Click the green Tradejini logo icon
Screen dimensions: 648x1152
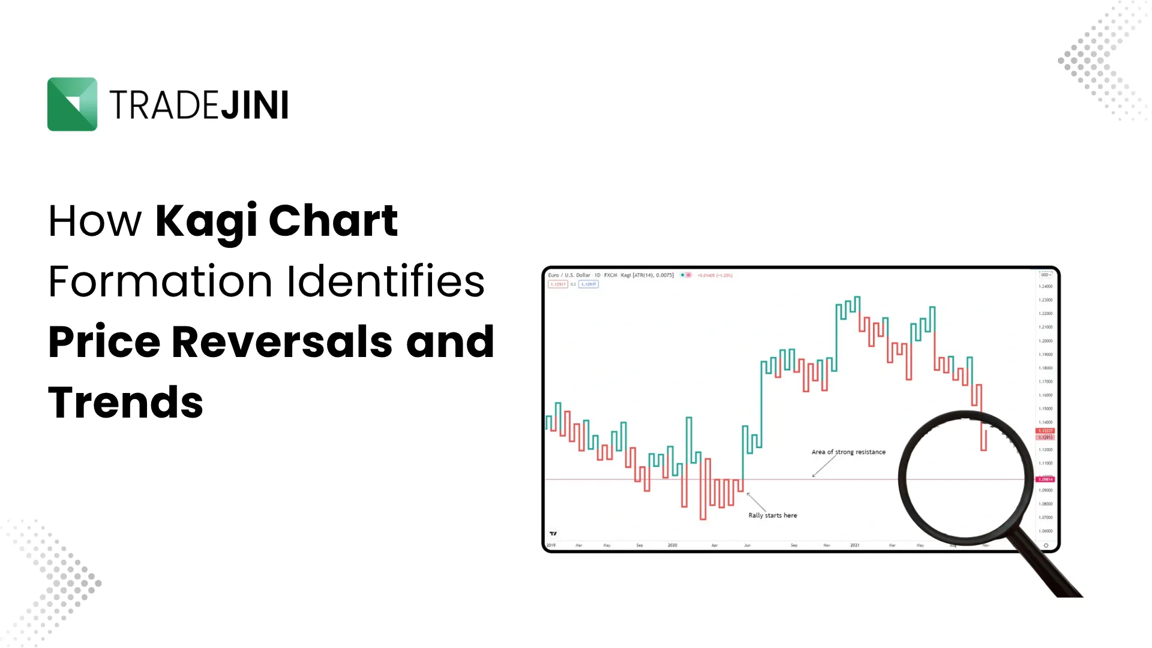coord(72,104)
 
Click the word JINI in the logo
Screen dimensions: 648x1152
coord(254,105)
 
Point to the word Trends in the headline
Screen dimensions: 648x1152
coord(125,403)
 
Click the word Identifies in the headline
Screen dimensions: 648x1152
coord(386,281)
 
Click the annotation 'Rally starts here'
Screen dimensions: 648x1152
coord(772,515)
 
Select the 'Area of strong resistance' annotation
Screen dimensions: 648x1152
coord(848,452)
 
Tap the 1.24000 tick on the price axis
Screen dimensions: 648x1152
coord(1045,286)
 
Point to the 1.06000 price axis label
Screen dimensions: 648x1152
coord(1045,531)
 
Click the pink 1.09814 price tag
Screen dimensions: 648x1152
coord(1045,479)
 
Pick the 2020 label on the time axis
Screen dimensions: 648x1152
coord(672,545)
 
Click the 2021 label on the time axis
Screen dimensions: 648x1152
coord(854,545)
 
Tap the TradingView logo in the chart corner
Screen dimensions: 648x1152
coord(553,533)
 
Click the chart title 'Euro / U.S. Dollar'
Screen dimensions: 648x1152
coord(569,275)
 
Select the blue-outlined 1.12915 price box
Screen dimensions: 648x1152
coord(588,284)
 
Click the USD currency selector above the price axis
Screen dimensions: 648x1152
coord(1045,275)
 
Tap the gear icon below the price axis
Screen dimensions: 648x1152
coord(1046,545)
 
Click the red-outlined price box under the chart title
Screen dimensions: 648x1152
coord(557,284)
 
